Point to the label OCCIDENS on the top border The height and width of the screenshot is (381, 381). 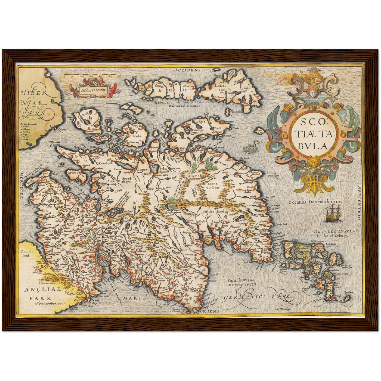pyautogui.click(x=188, y=70)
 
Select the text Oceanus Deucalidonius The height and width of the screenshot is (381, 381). pyautogui.click(x=315, y=201)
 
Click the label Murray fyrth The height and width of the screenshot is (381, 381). pyautogui.click(x=242, y=284)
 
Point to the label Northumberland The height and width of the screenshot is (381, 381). pyautogui.click(x=50, y=303)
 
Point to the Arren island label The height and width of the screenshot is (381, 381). pyautogui.click(x=73, y=173)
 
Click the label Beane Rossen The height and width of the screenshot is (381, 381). pyautogui.click(x=212, y=186)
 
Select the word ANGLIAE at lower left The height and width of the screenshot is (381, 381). pyautogui.click(x=43, y=290)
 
